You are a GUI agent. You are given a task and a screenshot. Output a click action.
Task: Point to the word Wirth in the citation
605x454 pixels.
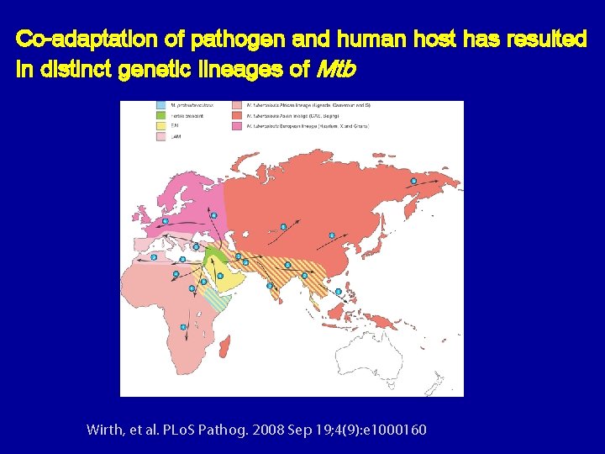pos(106,430)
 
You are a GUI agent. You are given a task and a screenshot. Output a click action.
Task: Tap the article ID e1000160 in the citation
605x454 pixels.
pos(394,430)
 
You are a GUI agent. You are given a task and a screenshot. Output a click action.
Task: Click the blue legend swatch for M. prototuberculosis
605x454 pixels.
pos(161,106)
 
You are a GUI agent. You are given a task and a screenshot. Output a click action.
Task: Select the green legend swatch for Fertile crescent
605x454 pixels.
pos(161,115)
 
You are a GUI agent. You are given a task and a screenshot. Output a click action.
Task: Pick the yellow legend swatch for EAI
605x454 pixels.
pos(161,124)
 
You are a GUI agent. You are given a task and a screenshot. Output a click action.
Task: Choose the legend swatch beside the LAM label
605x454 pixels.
pos(161,135)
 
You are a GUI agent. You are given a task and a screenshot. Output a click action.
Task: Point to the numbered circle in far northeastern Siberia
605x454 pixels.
pos(413,181)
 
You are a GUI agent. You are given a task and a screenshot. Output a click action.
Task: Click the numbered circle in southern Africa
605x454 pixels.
pos(184,326)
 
